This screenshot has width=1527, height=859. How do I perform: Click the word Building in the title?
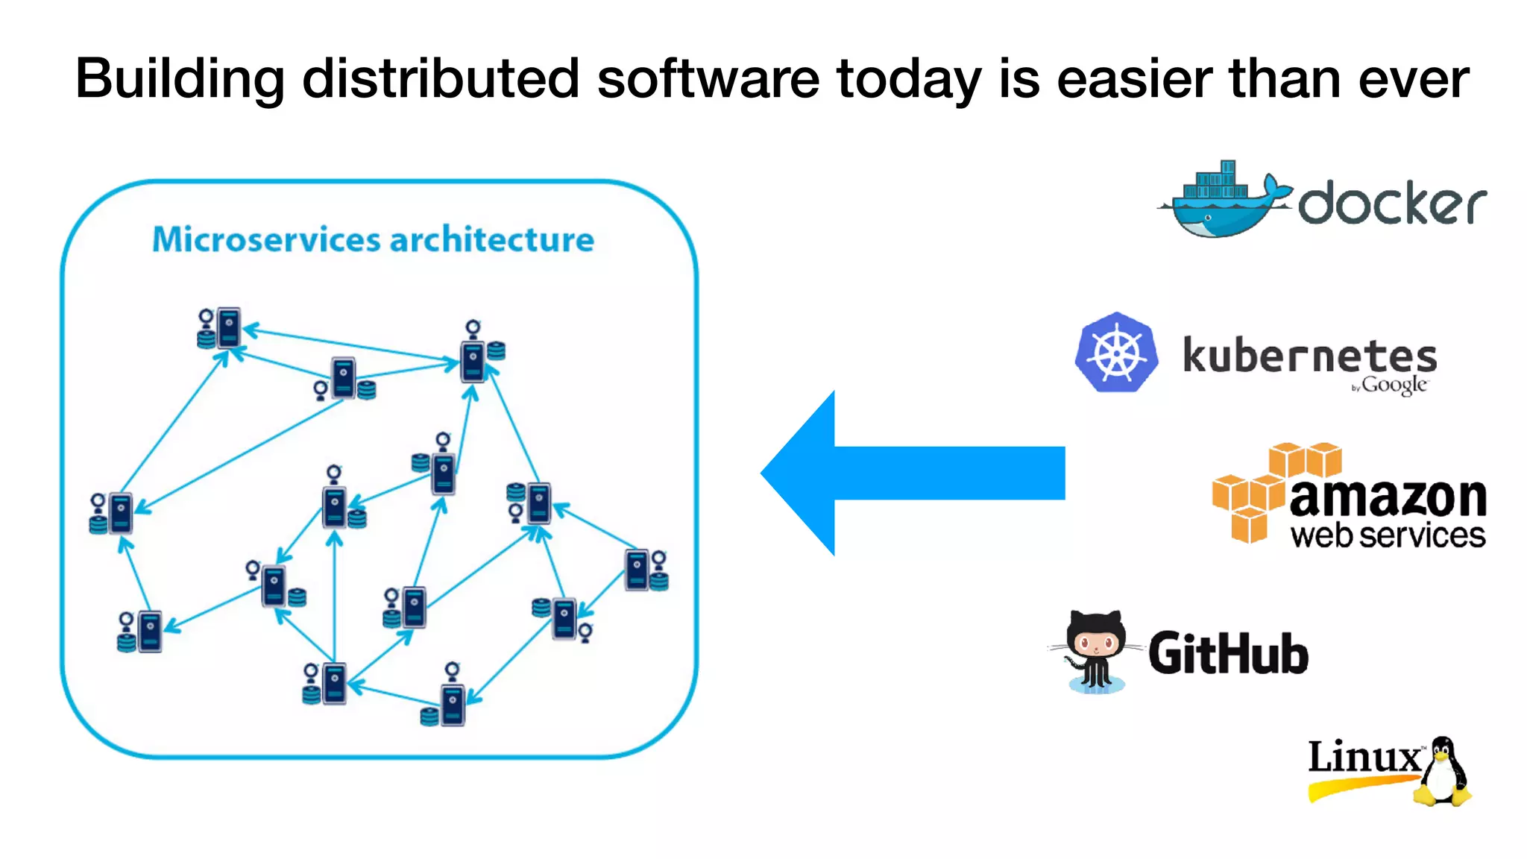click(x=180, y=79)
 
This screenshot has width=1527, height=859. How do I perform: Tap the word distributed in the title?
click(x=441, y=78)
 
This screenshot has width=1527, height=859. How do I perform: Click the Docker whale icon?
click(x=1223, y=201)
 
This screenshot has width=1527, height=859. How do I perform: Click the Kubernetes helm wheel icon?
click(x=1116, y=353)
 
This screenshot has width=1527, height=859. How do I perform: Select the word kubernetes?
click(x=1309, y=356)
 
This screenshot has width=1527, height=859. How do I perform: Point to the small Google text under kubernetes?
click(x=1393, y=385)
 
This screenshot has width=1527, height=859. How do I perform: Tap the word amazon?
click(x=1388, y=497)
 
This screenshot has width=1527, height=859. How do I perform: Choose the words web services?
click(x=1388, y=535)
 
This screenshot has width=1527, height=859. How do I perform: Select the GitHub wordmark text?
click(x=1228, y=653)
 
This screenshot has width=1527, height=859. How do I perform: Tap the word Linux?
click(x=1364, y=757)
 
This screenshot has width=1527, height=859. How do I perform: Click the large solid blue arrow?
click(x=910, y=473)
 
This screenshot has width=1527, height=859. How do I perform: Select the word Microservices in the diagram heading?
click(x=266, y=239)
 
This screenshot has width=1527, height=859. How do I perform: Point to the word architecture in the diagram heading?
click(x=492, y=239)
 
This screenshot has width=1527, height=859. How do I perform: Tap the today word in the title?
click(x=909, y=79)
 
